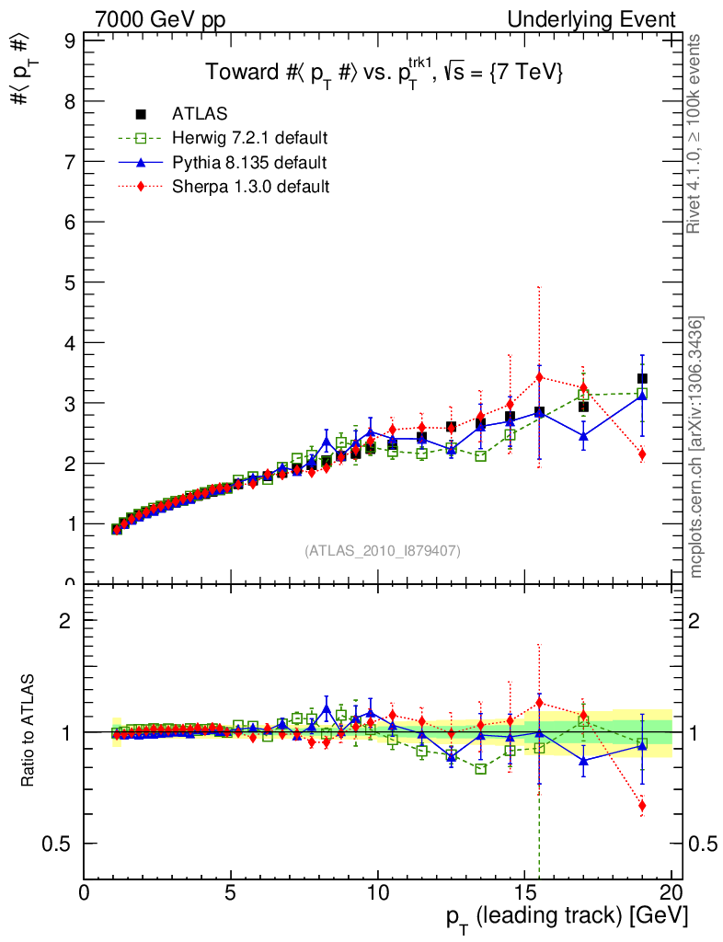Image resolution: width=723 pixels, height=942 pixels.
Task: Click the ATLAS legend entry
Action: [x=200, y=114]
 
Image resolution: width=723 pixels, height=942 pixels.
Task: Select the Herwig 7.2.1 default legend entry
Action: [x=249, y=138]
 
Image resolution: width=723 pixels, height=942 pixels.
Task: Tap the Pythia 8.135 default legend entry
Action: [x=249, y=163]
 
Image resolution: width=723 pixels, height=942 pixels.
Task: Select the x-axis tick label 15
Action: [x=524, y=895]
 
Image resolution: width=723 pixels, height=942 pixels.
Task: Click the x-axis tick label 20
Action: [x=671, y=895]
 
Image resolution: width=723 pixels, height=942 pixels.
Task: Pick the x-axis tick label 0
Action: [x=85, y=895]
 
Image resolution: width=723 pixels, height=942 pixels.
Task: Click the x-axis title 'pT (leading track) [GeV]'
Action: [x=567, y=918]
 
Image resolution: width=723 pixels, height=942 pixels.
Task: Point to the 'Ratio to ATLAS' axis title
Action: [x=29, y=731]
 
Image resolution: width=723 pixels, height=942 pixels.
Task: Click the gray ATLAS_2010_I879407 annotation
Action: [x=383, y=551]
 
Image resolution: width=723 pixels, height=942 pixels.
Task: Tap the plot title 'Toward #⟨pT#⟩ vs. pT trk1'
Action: [x=384, y=74]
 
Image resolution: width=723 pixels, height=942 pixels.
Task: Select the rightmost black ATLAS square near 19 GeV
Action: [x=642, y=379]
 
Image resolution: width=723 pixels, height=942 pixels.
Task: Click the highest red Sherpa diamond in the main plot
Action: [x=540, y=376]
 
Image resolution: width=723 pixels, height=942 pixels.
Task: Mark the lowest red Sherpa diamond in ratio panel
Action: [x=642, y=806]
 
